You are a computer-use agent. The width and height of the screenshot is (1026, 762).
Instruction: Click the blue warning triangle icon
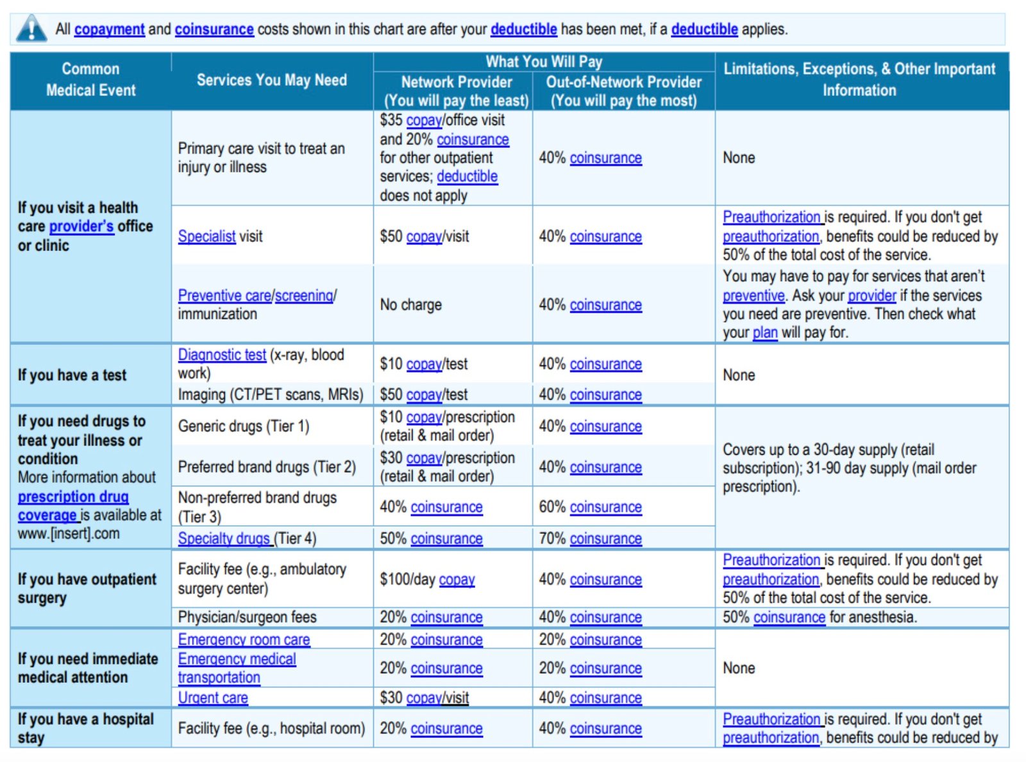tap(31, 29)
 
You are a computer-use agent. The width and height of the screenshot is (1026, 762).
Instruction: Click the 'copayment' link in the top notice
tap(109, 30)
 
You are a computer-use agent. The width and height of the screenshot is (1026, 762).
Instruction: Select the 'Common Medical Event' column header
tap(90, 80)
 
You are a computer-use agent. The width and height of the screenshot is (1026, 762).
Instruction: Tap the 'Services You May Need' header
tap(271, 80)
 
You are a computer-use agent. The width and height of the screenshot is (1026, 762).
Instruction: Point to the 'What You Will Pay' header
tap(543, 62)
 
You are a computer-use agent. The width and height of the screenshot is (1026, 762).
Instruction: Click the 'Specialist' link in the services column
tap(206, 237)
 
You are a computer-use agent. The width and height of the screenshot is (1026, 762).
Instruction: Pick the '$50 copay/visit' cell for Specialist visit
tap(424, 237)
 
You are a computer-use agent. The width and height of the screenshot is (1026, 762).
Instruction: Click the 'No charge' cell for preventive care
tap(410, 305)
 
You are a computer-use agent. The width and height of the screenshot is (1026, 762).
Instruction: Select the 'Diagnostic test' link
tap(222, 355)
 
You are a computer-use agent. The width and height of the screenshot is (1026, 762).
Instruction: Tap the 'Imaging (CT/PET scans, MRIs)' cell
tap(271, 394)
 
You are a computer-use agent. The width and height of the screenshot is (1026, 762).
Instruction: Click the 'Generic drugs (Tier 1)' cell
tap(244, 427)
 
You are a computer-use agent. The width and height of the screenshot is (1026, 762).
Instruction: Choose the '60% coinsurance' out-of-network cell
tap(590, 507)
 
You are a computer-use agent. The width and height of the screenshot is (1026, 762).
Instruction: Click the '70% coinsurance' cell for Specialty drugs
tap(590, 539)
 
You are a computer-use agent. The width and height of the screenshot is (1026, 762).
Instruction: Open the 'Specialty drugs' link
tap(224, 539)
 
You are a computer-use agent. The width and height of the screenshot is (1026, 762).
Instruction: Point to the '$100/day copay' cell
tap(427, 580)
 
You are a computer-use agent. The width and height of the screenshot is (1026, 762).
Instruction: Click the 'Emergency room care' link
tap(244, 639)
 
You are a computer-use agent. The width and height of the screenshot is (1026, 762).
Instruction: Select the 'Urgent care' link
tap(213, 698)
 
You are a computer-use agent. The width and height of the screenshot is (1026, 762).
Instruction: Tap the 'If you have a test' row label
tap(72, 375)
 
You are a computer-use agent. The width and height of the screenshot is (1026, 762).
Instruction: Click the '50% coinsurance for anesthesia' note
tap(820, 617)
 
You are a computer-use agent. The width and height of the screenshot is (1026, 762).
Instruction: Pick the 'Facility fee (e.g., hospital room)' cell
tap(271, 729)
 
